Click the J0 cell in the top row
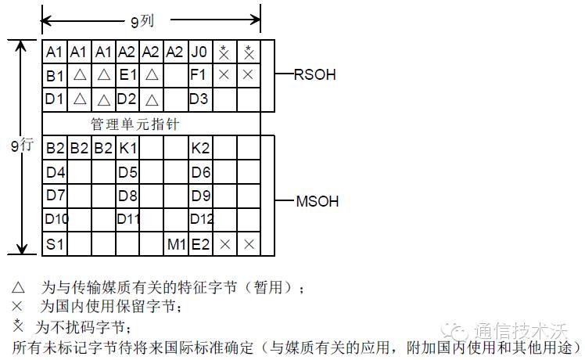point(199,52)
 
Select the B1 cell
point(54,76)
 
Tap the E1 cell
point(127,76)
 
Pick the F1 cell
point(199,76)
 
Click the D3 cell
point(199,99)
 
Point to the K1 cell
point(127,147)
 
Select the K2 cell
point(199,147)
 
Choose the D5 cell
point(127,171)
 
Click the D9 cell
point(200,195)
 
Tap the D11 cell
point(128,219)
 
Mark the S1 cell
point(54,243)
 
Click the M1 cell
point(176,243)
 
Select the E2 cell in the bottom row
point(200,243)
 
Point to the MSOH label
point(318,201)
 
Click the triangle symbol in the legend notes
point(19,287)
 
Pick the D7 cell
point(54,195)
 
